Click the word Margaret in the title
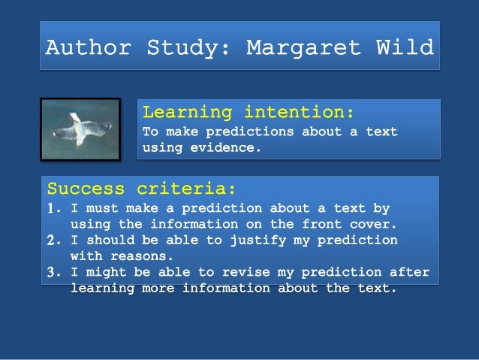(304, 48)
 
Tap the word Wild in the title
(405, 48)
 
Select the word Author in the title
(88, 48)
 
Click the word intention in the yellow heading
(299, 113)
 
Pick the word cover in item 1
(373, 223)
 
